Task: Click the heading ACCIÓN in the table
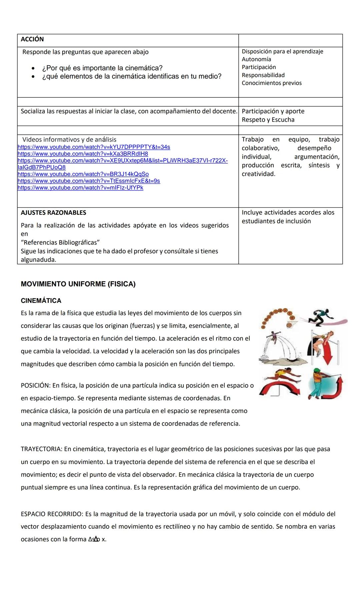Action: pos(32,39)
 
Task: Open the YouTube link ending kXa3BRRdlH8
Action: pos(83,154)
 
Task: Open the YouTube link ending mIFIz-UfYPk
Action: pos(80,188)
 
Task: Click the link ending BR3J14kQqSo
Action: pos(83,174)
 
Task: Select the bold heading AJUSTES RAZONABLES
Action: pos(53,213)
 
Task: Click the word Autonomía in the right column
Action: pos(256,59)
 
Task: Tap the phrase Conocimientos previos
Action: pos(272,83)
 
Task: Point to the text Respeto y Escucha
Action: pos(268,120)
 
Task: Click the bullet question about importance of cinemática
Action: pos(102,68)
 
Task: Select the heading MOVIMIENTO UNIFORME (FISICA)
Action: pos(78,284)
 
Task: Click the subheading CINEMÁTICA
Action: pos(41,301)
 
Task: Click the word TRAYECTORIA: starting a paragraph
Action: pos(41,449)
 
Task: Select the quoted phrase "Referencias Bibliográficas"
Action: pos(60,242)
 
